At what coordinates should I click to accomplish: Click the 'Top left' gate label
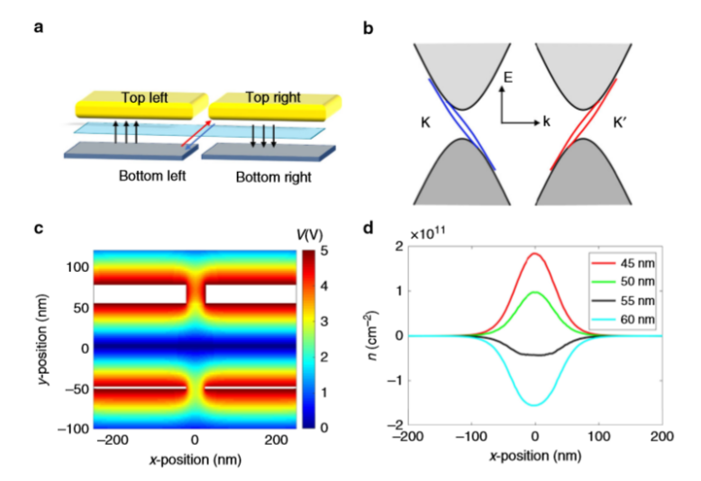pyautogui.click(x=144, y=97)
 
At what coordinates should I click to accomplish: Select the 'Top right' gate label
pyautogui.click(x=273, y=97)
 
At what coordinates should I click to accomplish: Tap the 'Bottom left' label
pyautogui.click(x=152, y=176)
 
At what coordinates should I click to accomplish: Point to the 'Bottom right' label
pyautogui.click(x=274, y=177)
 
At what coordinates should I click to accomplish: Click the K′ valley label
pyautogui.click(x=619, y=123)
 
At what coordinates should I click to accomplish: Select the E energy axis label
pyautogui.click(x=508, y=77)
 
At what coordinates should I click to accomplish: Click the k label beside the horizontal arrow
pyautogui.click(x=546, y=122)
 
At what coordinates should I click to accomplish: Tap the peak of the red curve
pyautogui.click(x=534, y=253)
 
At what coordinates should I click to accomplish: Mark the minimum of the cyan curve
pyautogui.click(x=534, y=405)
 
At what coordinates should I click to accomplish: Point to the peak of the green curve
pyautogui.click(x=534, y=292)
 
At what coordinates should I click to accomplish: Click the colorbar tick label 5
pyautogui.click(x=323, y=250)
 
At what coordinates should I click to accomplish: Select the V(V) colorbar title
pyautogui.click(x=309, y=234)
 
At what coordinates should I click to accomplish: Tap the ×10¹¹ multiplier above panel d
pyautogui.click(x=427, y=234)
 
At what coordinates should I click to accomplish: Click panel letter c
pyautogui.click(x=39, y=229)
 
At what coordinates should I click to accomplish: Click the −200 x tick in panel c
pyautogui.click(x=113, y=440)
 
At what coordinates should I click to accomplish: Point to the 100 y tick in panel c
pyautogui.click(x=77, y=268)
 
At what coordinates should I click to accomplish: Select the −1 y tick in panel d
pyautogui.click(x=396, y=380)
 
